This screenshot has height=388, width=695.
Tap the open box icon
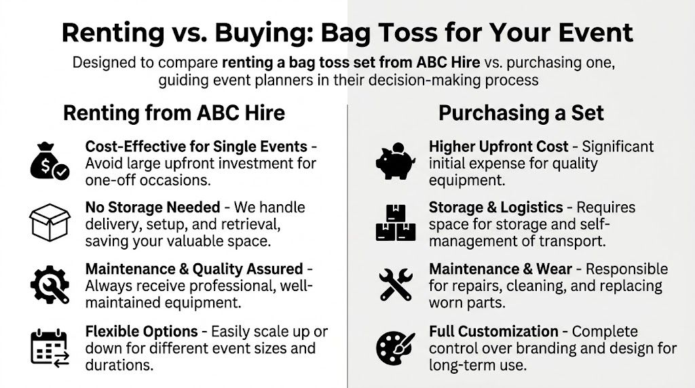(x=50, y=222)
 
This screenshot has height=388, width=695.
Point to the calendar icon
(x=50, y=347)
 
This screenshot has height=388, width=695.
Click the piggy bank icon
(x=396, y=161)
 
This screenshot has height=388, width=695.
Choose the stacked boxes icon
(x=396, y=222)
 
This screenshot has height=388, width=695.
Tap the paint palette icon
(x=396, y=347)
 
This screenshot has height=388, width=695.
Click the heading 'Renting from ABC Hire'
(x=174, y=113)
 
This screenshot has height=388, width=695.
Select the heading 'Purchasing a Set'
(x=521, y=113)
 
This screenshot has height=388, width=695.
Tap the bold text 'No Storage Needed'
(x=153, y=207)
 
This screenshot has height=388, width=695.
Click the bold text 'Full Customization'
(x=493, y=332)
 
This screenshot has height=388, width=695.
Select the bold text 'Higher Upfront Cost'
(x=498, y=146)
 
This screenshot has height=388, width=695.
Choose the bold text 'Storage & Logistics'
(x=496, y=207)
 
